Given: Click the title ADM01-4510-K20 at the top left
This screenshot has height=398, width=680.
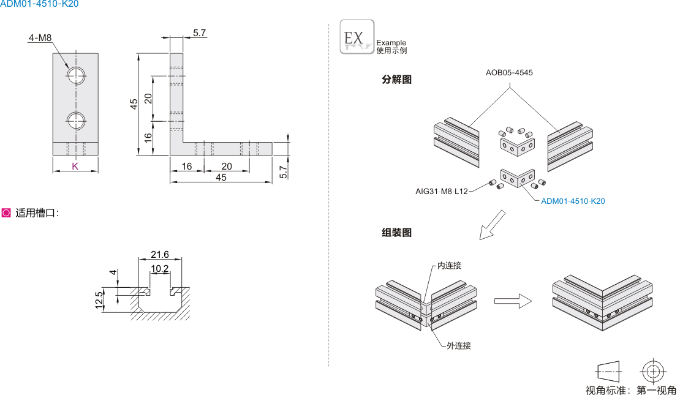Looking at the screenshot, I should coord(39,4).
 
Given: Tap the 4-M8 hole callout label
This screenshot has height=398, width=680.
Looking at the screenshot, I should coord(40,38).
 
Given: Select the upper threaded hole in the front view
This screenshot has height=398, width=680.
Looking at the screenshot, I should coord(77,75).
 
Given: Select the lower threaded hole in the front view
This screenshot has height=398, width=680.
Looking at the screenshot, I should coord(77,120).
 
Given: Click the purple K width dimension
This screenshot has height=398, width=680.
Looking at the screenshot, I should coord(75,166).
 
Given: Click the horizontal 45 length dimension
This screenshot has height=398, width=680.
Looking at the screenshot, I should coord(221,178).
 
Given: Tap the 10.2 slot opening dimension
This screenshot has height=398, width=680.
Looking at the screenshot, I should coord(160,269).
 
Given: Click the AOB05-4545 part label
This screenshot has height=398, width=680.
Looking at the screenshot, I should coord(509,72).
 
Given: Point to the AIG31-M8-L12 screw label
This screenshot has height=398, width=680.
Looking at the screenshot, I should coord(441,192).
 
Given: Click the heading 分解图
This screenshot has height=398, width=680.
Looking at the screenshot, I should coord(396,80).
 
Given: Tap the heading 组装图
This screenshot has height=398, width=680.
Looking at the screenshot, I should coord(396,233).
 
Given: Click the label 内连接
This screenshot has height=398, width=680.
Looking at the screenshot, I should coord(449,266).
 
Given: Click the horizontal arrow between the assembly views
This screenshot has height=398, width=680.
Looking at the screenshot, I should coord(512,301).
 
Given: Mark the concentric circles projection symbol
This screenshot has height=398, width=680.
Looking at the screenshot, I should coord(651,370).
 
